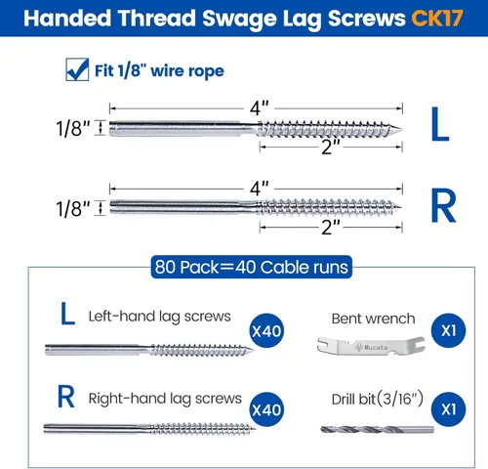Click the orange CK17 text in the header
coord(437,18)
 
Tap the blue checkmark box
coord(77,69)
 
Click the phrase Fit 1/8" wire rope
coord(159,71)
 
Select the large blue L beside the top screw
coord(440,124)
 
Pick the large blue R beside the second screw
coord(443,205)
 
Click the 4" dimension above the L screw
coord(260,108)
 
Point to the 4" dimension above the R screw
coord(260,189)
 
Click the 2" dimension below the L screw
coord(331,147)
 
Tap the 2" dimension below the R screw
coord(331,228)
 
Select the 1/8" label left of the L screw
coord(73,128)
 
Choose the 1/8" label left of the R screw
coord(73,209)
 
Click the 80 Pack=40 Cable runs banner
coord(252,267)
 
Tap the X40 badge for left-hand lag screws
coord(266,331)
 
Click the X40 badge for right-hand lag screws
coord(266,409)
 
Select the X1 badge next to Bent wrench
coord(448,331)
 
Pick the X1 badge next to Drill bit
coord(448,409)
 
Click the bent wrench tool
coord(371,346)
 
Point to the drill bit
coord(377,430)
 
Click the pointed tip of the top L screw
coord(402,129)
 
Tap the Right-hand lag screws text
coord(165,399)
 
